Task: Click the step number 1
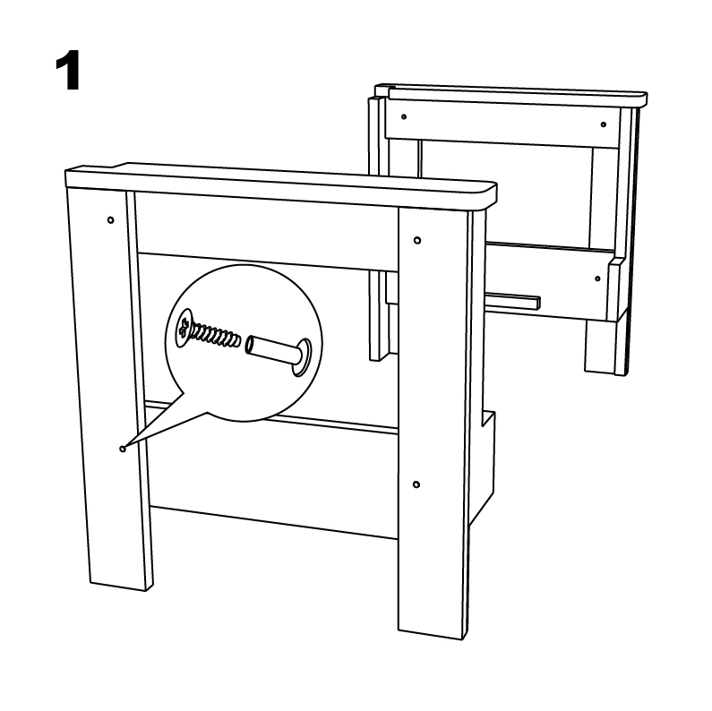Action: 68,71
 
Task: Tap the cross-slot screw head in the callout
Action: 184,329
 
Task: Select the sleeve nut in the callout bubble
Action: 279,355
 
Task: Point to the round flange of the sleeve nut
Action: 302,357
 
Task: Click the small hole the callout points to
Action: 122,449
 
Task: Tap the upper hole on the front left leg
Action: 110,220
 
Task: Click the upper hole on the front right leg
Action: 417,240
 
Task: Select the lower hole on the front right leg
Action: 416,485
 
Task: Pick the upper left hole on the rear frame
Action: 404,116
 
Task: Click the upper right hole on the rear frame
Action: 603,124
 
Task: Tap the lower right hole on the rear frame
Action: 597,278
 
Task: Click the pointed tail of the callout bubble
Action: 124,447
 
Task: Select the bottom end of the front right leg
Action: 433,635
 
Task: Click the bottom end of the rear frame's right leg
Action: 606,372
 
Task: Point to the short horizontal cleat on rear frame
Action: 513,302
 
